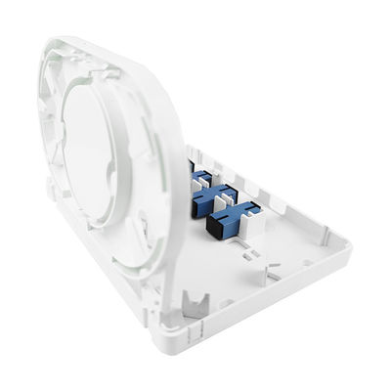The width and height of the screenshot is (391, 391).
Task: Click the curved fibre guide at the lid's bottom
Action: (147, 259)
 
